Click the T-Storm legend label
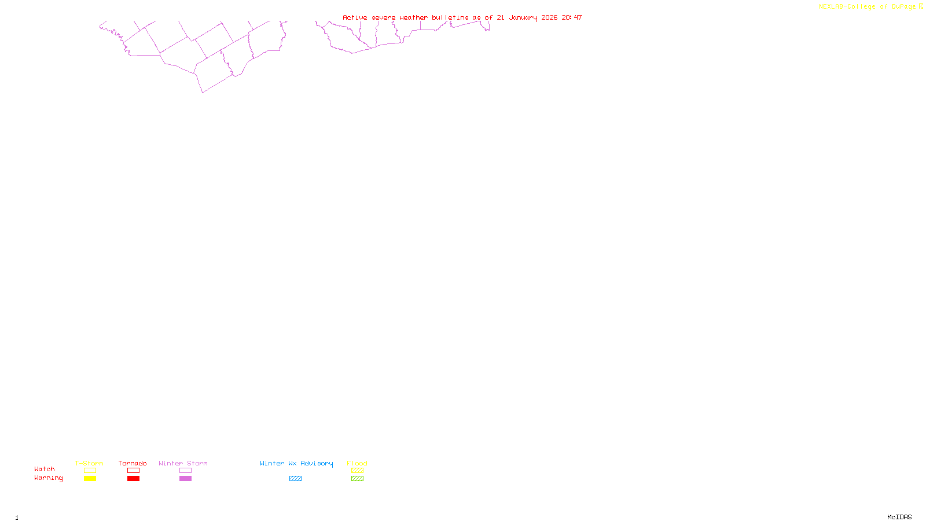tap(89, 463)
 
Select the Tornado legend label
tap(133, 463)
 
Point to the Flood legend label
tap(357, 463)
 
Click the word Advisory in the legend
tap(317, 463)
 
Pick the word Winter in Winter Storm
tap(170, 463)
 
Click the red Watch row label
tap(45, 469)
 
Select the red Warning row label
tap(48, 478)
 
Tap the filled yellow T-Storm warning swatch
tap(90, 479)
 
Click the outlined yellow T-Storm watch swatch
tap(90, 471)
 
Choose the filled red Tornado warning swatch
tap(134, 479)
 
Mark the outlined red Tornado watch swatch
tap(134, 471)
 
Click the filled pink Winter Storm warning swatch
tap(185, 479)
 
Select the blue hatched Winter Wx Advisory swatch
tap(295, 479)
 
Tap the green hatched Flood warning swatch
tap(357, 479)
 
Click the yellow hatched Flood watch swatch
tap(357, 471)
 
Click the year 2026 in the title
tap(549, 17)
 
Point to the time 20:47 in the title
tap(572, 17)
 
